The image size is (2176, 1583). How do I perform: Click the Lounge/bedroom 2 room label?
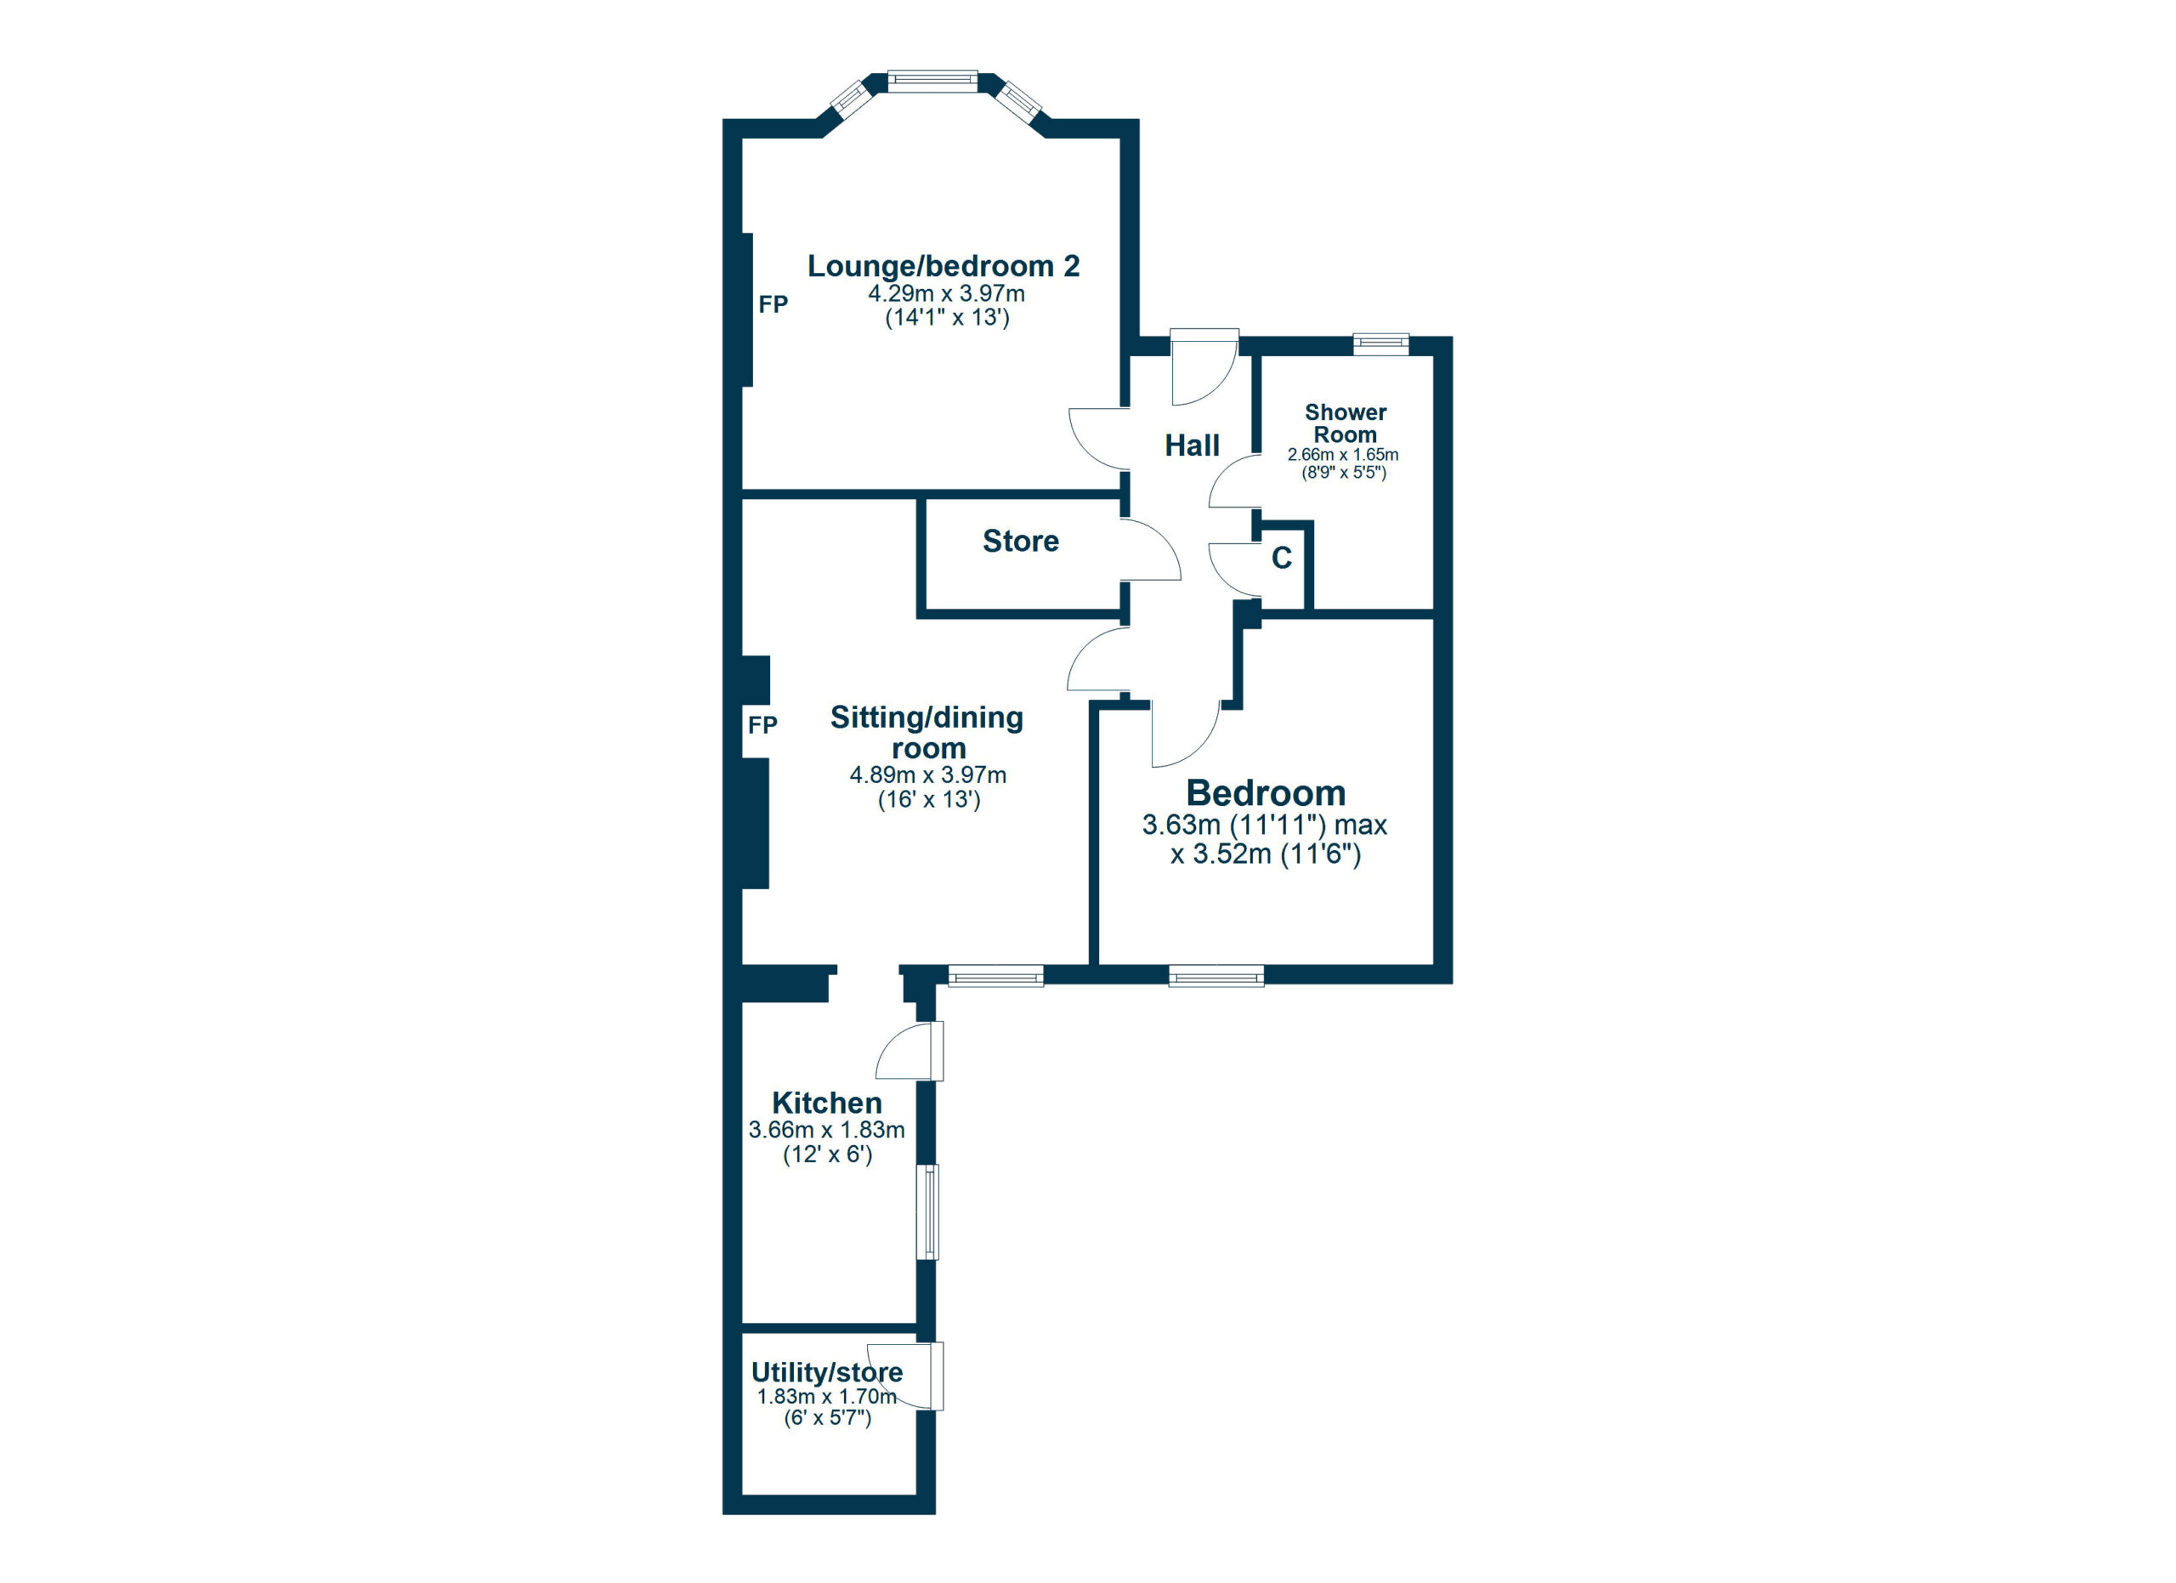pyautogui.click(x=943, y=266)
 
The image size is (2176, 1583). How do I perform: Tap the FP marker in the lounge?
pyautogui.click(x=773, y=304)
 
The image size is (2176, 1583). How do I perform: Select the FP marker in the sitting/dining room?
pyautogui.click(x=762, y=724)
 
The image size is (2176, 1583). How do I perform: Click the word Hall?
pyautogui.click(x=1192, y=445)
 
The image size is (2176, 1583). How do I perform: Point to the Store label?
pyautogui.click(x=1020, y=541)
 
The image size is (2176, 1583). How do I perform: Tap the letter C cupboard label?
pyautogui.click(x=1281, y=559)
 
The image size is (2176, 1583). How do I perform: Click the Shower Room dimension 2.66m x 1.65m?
pyautogui.click(x=1342, y=455)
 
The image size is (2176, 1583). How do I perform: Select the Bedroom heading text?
pyautogui.click(x=1265, y=793)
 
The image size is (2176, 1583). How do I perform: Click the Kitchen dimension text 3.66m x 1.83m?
pyautogui.click(x=826, y=1130)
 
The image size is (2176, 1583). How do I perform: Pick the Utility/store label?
pyautogui.click(x=826, y=1372)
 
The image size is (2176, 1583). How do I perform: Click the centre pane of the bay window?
pyautogui.click(x=932, y=81)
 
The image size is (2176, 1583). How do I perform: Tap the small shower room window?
pyautogui.click(x=1380, y=343)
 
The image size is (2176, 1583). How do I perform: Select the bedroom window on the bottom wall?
pyautogui.click(x=1215, y=976)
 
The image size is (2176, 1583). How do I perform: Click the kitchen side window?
pyautogui.click(x=926, y=1211)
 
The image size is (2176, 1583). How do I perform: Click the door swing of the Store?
pyautogui.click(x=1149, y=552)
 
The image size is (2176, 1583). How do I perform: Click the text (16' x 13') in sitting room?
pyautogui.click(x=929, y=799)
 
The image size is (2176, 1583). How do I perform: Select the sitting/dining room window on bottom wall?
pyautogui.click(x=995, y=976)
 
